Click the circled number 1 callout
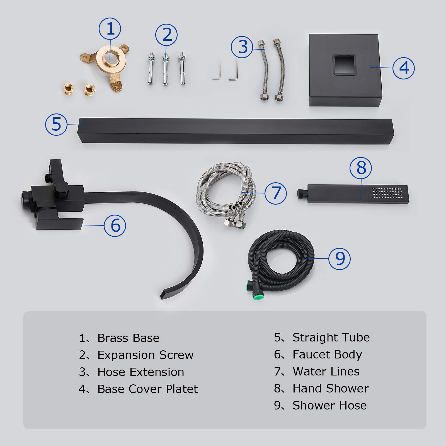click(x=110, y=29)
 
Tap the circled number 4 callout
click(x=403, y=68)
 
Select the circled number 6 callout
click(x=115, y=225)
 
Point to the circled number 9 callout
click(x=339, y=258)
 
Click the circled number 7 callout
click(x=275, y=193)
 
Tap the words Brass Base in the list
click(x=128, y=338)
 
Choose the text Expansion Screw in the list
click(x=145, y=355)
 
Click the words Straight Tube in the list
click(x=331, y=337)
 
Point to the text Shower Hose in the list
click(x=329, y=405)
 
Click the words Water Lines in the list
click(x=326, y=371)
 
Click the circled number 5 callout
click(x=56, y=124)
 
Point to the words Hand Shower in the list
click(x=330, y=388)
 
